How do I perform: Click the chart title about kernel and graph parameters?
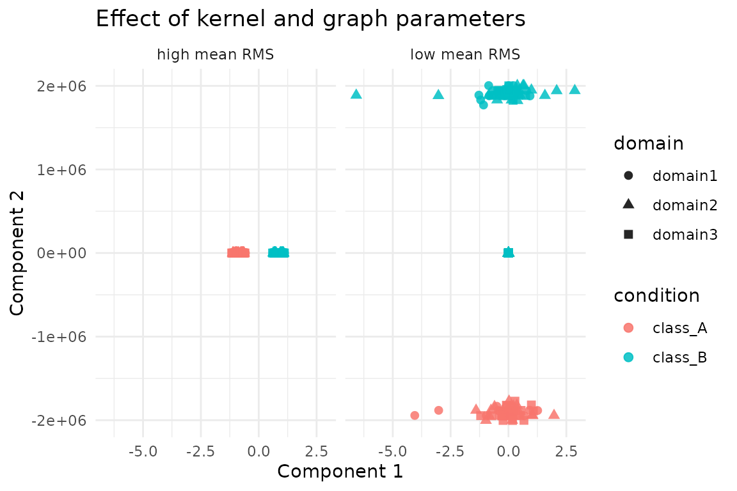[310, 19]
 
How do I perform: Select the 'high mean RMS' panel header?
[216, 55]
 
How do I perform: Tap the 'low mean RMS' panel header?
[465, 55]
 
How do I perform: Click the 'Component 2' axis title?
[18, 253]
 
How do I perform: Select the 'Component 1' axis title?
[340, 472]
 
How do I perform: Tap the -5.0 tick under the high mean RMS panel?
[142, 451]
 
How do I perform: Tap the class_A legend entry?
[679, 328]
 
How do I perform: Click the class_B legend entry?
[679, 357]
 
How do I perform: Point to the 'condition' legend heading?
[656, 295]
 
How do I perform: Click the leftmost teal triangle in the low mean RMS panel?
[356, 94]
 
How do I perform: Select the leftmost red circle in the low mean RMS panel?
[415, 416]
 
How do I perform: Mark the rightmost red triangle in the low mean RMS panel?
[554, 414]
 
